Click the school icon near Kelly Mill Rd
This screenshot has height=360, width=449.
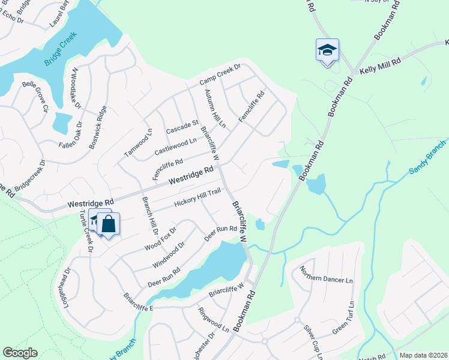tap(327, 50)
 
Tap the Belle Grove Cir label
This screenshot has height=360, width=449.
tap(34, 97)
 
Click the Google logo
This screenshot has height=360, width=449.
tap(20, 353)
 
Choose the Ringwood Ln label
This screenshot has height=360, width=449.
tap(214, 320)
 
